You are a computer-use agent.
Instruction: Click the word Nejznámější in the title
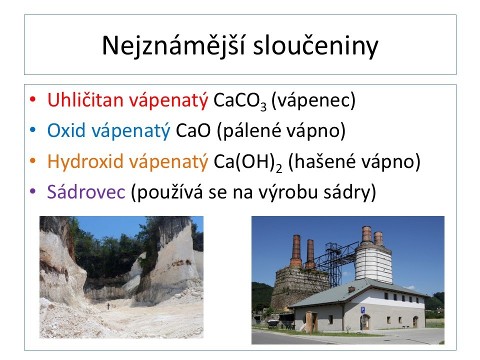173,46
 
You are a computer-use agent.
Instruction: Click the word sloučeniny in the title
315,46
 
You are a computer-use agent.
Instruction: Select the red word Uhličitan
85,100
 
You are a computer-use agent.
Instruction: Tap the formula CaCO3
240,100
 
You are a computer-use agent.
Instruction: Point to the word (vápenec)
313,100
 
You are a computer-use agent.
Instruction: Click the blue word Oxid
66,130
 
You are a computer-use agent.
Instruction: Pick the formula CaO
193,130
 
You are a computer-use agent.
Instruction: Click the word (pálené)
249,130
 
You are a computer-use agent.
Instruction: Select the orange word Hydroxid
85,161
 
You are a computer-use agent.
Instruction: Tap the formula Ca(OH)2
247,162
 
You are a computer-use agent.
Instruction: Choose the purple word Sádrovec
86,192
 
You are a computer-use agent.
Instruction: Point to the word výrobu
288,192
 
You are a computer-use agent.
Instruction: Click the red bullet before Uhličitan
33,99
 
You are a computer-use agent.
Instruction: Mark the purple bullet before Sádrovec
33,191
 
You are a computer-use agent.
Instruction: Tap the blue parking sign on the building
363,310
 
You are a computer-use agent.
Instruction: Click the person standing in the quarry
108,306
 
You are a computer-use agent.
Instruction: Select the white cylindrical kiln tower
373,263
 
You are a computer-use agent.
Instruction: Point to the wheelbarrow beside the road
273,323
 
